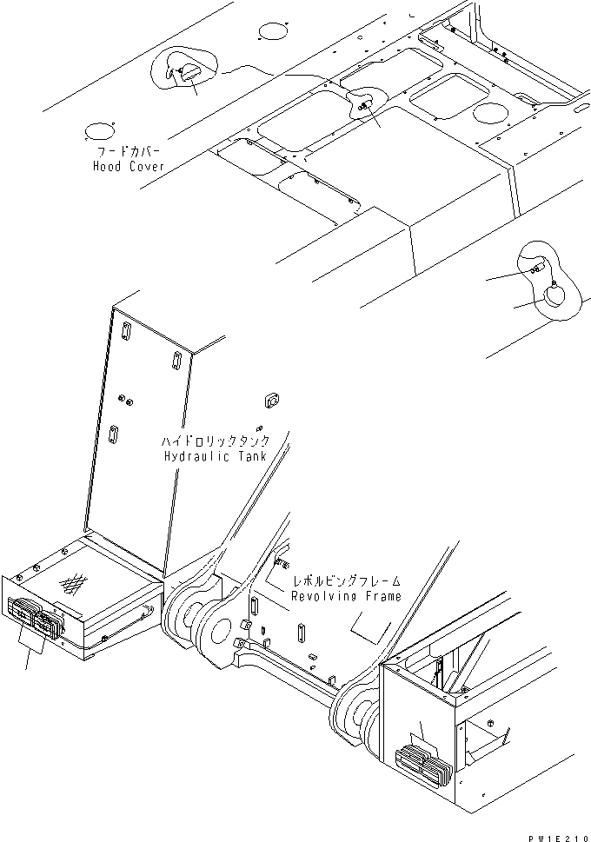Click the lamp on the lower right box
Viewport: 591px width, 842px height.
(423, 764)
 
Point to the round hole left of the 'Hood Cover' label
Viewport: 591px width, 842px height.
(98, 131)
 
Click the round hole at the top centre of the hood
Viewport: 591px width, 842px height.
(274, 33)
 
